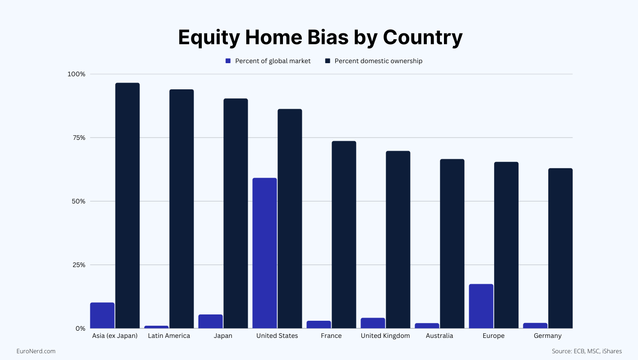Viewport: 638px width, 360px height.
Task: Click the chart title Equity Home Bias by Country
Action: point(320,37)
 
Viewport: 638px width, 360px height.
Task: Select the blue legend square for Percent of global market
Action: point(228,61)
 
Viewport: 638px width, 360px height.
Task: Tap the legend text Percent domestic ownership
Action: point(378,61)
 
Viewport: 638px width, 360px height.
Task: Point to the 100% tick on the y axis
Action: point(76,74)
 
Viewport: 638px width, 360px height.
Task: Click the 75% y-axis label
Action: point(79,138)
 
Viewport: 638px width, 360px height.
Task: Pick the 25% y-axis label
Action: point(79,265)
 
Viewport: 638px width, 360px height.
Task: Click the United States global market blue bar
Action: point(264,253)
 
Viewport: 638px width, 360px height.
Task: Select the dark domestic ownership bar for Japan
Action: point(236,213)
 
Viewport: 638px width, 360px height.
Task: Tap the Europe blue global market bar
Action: point(481,306)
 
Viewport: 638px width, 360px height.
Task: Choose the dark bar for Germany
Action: point(560,249)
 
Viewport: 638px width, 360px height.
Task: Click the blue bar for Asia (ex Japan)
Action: point(102,315)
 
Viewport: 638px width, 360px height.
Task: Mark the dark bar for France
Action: point(344,235)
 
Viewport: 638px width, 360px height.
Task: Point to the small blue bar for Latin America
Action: point(157,327)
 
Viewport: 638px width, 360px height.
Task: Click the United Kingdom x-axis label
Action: point(385,336)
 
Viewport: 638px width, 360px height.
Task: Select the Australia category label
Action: point(439,336)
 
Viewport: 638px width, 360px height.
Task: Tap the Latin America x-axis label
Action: point(169,336)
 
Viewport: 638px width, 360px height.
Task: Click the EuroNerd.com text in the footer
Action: point(36,351)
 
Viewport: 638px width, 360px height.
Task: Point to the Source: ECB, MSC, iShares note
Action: point(587,351)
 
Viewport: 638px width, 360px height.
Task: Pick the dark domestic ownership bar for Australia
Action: point(452,244)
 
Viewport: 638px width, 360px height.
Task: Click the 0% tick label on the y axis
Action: point(80,329)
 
